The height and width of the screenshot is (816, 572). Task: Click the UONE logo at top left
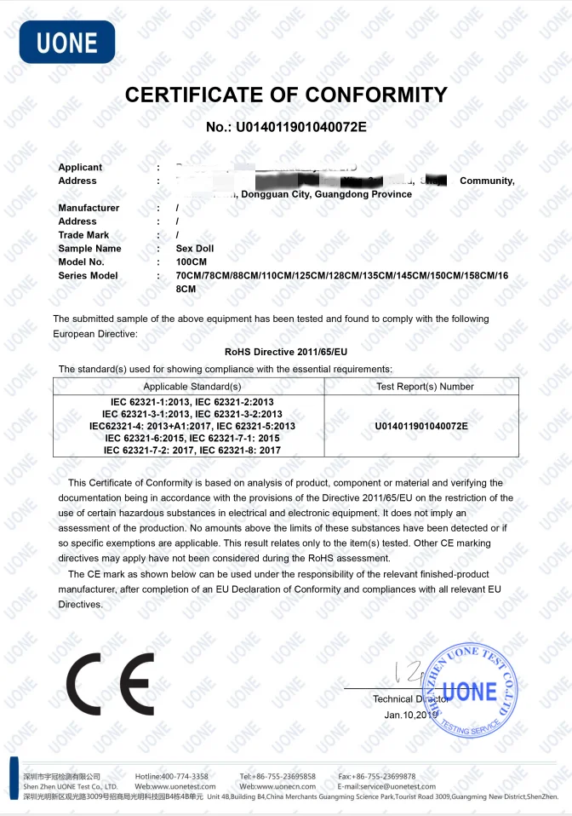[x=66, y=42]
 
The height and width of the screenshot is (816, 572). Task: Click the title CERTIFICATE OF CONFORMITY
[x=286, y=95]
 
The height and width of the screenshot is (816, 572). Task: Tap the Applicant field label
[x=80, y=168]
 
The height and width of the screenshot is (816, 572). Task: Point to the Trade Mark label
[x=83, y=235]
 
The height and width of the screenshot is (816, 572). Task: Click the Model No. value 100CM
[x=192, y=262]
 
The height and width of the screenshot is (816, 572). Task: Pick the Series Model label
[x=89, y=276]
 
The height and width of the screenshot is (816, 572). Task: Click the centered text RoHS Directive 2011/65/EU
[x=286, y=351]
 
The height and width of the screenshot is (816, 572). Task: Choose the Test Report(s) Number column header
[x=425, y=387]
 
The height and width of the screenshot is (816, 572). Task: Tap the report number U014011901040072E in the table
[x=421, y=425]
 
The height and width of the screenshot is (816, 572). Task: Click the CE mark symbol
[x=110, y=686]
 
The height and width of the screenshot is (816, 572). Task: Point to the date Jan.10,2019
[x=411, y=715]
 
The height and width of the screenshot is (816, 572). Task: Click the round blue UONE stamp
[x=470, y=690]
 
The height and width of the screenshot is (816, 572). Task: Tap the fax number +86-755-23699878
[x=388, y=776]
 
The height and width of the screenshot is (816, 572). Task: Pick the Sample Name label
[x=89, y=249]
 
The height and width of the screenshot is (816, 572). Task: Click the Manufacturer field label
[x=89, y=208]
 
